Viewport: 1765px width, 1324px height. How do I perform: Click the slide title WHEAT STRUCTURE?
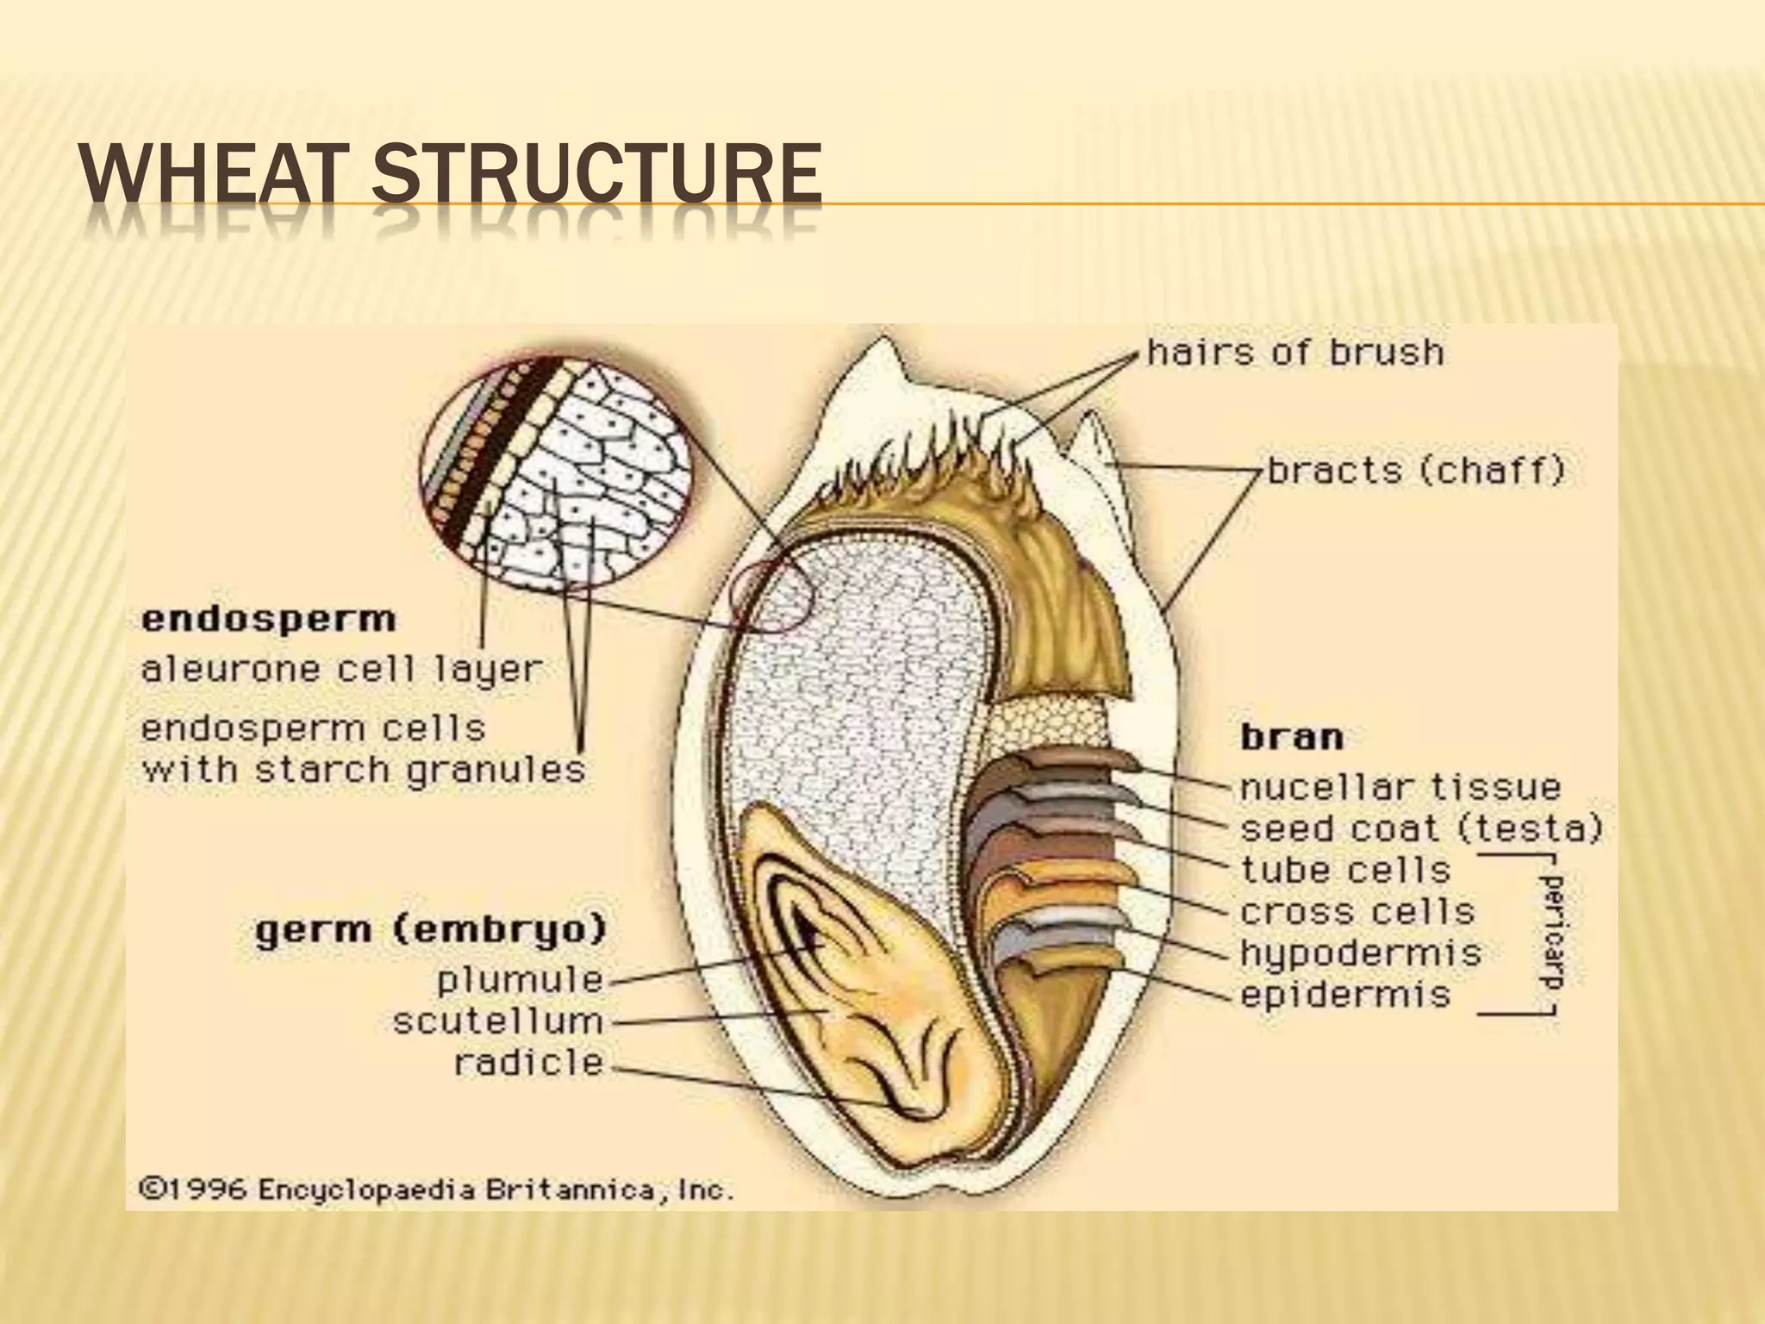click(x=450, y=176)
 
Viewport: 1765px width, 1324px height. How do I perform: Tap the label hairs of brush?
click(x=1295, y=353)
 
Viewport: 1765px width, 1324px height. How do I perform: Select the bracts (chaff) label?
click(x=1416, y=472)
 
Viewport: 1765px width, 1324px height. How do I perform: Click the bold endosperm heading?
click(x=268, y=619)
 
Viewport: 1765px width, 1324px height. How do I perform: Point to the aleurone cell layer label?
click(x=341, y=670)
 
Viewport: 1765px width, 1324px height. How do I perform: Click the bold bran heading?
click(x=1292, y=738)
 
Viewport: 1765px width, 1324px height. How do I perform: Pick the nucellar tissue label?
click(x=1400, y=787)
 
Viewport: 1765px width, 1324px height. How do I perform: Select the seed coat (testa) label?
click(x=1421, y=829)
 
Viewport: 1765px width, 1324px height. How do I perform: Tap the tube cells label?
click(x=1346, y=870)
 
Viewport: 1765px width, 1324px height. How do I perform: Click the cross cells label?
click(x=1357, y=911)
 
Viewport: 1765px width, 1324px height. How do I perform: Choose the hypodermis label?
click(x=1361, y=953)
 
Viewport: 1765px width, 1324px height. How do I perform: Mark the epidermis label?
click(x=1345, y=995)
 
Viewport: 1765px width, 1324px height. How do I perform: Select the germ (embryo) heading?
click(x=431, y=931)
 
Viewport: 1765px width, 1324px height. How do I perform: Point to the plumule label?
click(x=520, y=980)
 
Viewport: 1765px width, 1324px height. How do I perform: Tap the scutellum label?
click(x=497, y=1022)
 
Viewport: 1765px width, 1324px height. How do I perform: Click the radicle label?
click(x=528, y=1063)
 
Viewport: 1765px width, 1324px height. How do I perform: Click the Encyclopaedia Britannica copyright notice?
click(x=436, y=1190)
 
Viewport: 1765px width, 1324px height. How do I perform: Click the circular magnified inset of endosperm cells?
click(x=556, y=473)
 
